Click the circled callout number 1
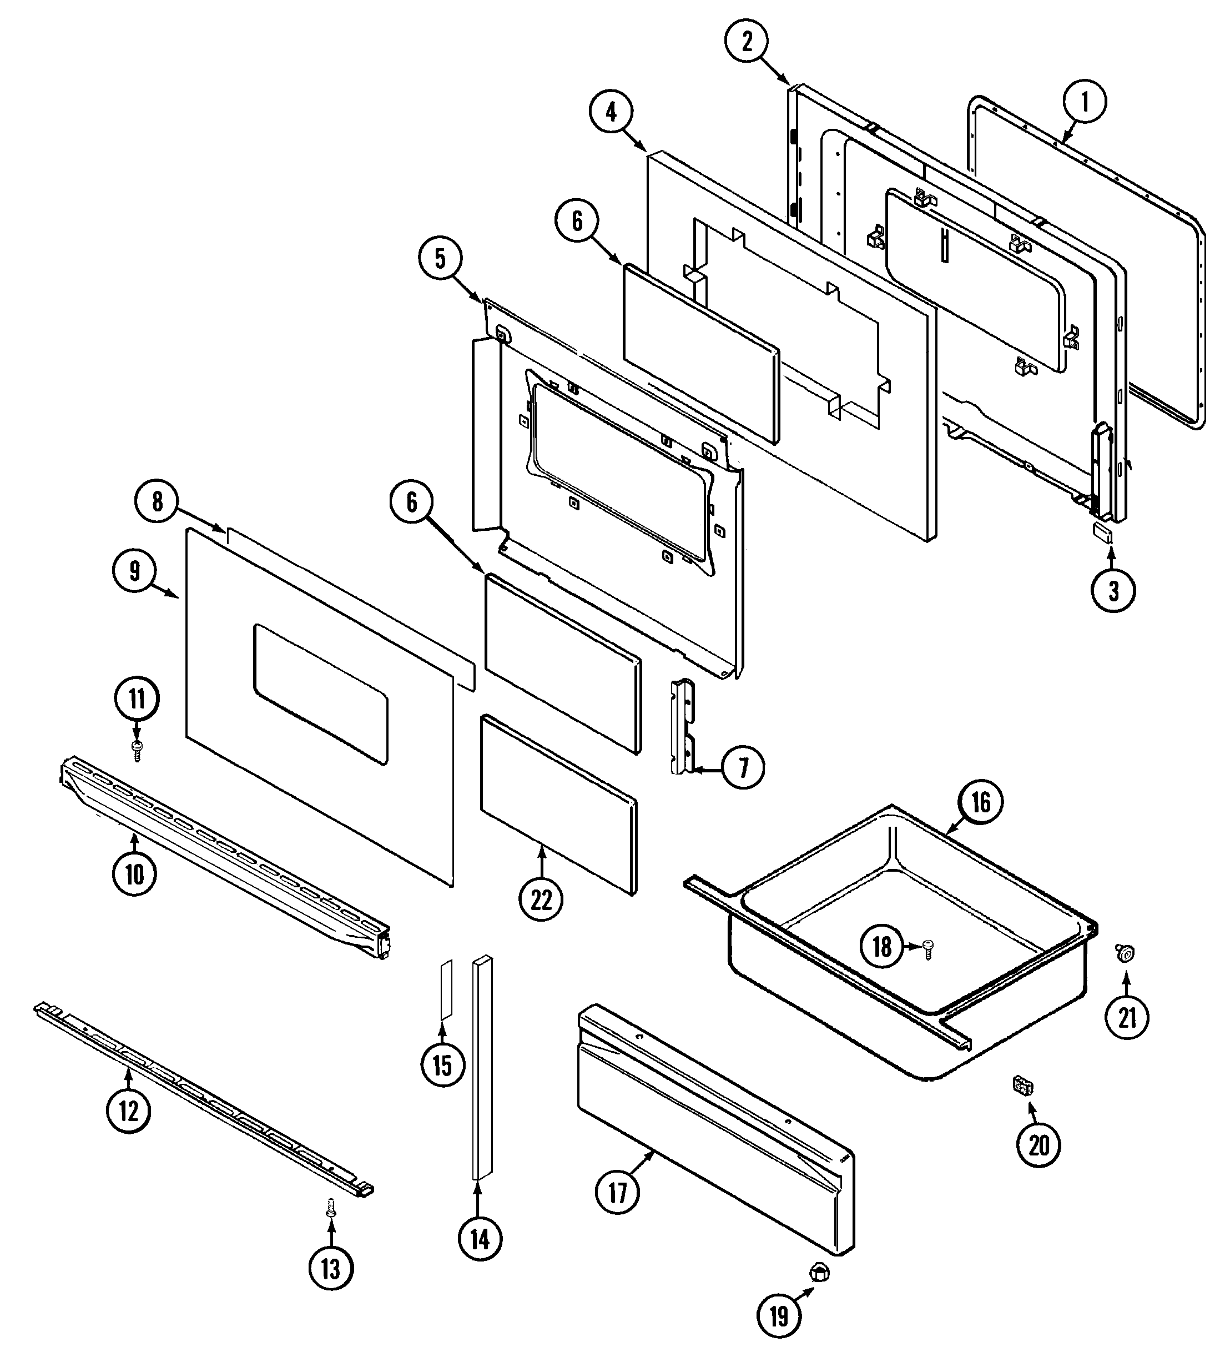click(x=1084, y=102)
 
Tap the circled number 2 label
click(x=747, y=42)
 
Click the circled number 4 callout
click(x=612, y=112)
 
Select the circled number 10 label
click(x=135, y=873)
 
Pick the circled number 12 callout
click(x=128, y=1110)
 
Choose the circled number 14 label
click(x=480, y=1239)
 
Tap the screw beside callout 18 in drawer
click(x=928, y=948)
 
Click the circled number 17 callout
click(x=618, y=1192)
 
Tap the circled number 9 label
click(x=135, y=571)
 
